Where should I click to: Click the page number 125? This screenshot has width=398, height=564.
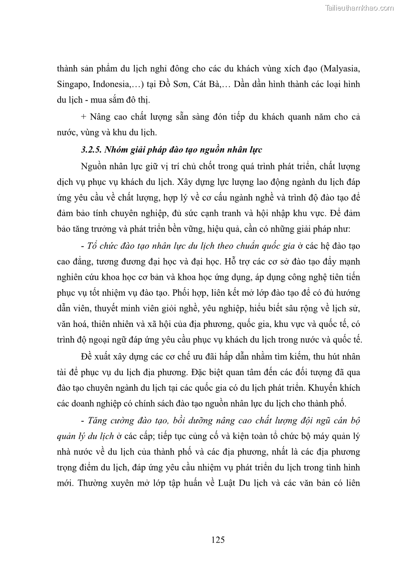click(218, 540)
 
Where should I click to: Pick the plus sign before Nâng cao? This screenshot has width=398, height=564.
click(84, 117)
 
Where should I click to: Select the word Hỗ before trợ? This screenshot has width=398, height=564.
click(231, 262)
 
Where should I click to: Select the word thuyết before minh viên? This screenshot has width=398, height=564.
click(110, 308)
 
